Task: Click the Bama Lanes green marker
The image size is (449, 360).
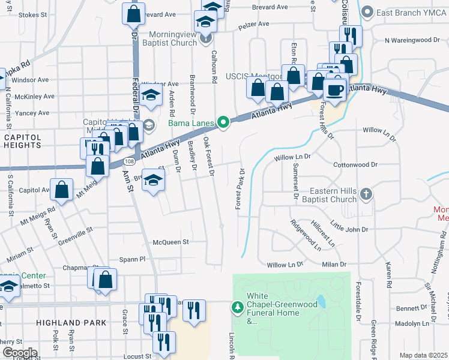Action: (x=223, y=123)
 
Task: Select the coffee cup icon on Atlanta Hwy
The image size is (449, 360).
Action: (x=335, y=90)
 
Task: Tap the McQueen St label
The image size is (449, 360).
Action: (x=170, y=242)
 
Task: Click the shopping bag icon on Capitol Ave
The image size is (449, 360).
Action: (x=62, y=190)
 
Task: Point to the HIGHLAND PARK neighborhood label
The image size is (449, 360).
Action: (x=71, y=323)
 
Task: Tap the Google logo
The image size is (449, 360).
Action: (x=20, y=352)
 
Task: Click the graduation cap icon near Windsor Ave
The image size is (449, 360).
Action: (x=151, y=95)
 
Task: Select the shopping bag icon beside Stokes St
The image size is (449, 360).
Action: (x=133, y=14)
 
